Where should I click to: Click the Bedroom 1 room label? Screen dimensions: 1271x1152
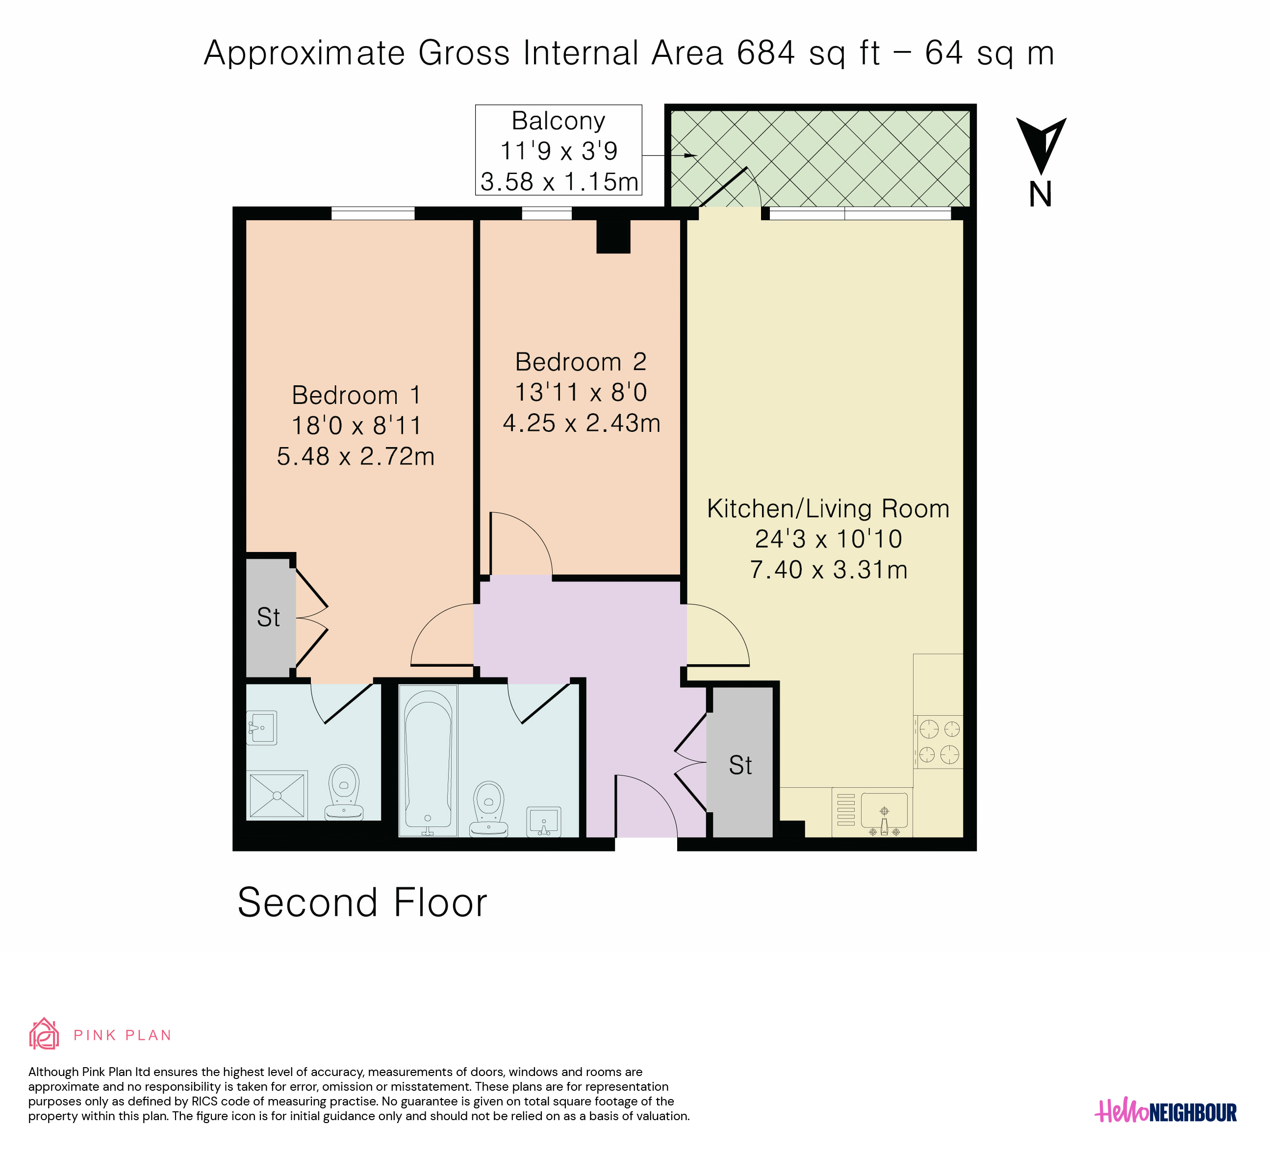[x=356, y=395]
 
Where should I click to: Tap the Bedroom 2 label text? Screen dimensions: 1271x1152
[x=581, y=362]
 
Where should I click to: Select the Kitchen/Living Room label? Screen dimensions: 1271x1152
[x=828, y=508]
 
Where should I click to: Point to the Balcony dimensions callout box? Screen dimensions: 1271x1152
[x=559, y=150]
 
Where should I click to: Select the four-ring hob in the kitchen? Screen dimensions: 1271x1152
[x=938, y=742]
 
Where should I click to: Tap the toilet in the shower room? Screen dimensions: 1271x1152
[x=344, y=792]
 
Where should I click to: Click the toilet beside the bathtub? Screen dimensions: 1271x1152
[x=488, y=808]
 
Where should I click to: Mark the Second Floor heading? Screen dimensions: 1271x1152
[x=362, y=902]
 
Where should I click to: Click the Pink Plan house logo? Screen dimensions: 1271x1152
[x=44, y=1034]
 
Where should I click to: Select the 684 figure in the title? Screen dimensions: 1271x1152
[x=766, y=53]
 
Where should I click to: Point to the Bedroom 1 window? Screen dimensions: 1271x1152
[x=373, y=214]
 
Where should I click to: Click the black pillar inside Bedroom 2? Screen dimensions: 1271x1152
[x=613, y=236]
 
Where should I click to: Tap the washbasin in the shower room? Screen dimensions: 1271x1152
[x=262, y=728]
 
